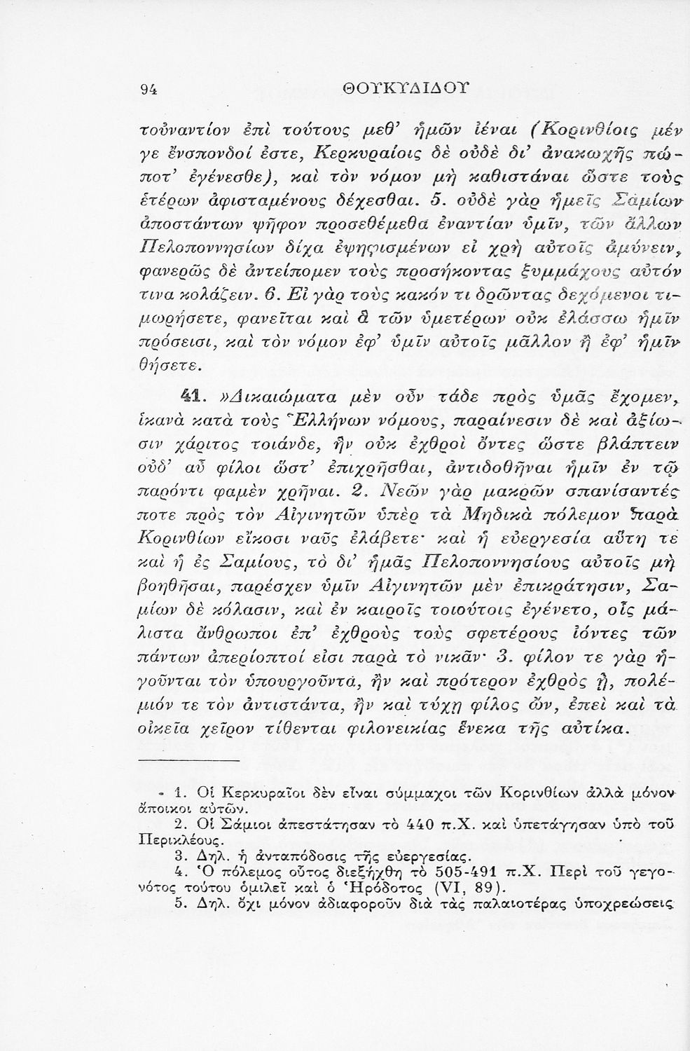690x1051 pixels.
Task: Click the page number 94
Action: pyautogui.click(x=148, y=88)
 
